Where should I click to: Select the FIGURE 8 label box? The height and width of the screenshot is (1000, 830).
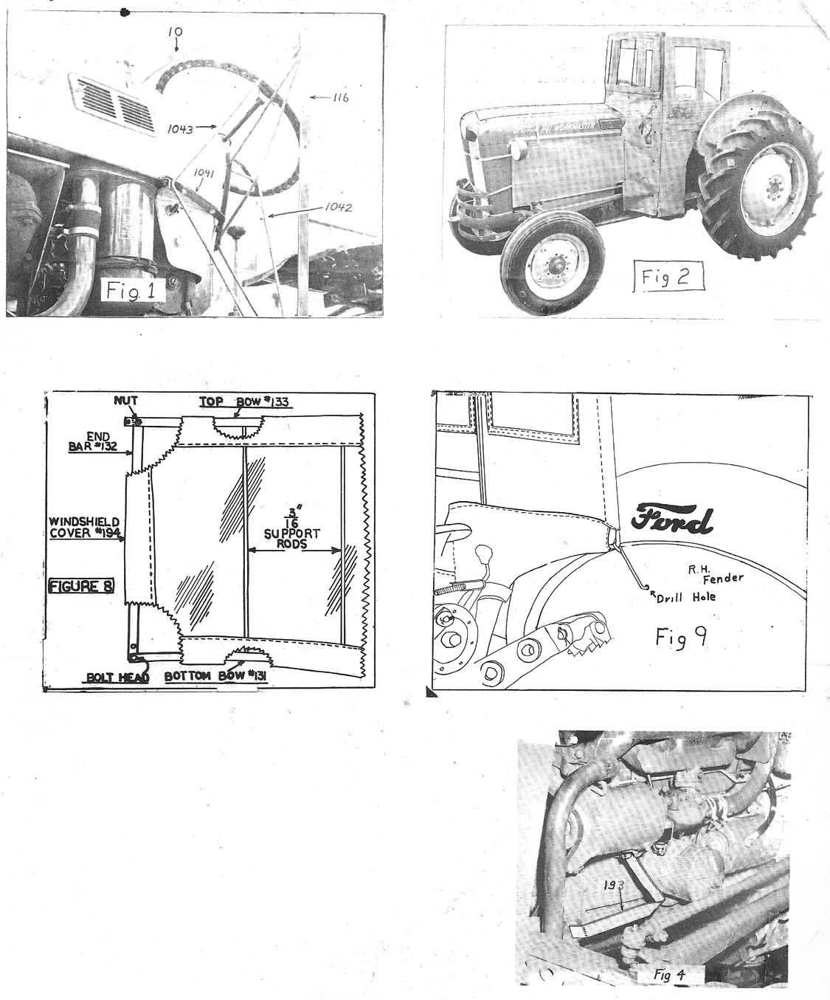[81, 587]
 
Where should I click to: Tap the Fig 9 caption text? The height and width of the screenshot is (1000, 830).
[682, 637]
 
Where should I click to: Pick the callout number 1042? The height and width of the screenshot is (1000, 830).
[336, 207]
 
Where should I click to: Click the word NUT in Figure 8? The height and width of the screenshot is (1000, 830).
[126, 401]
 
